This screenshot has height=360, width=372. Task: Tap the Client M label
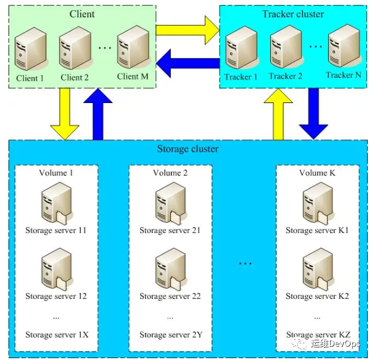(x=132, y=76)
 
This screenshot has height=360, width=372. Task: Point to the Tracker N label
(x=343, y=75)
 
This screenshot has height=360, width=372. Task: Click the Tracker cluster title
(x=293, y=14)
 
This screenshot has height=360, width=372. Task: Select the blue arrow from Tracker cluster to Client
(x=187, y=63)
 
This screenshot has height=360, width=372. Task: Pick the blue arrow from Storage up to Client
(x=98, y=114)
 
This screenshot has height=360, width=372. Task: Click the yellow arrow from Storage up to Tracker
(x=277, y=114)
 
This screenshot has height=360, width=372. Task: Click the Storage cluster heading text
(x=187, y=149)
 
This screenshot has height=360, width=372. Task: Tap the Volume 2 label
(x=170, y=173)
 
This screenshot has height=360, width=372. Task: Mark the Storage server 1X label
(x=56, y=334)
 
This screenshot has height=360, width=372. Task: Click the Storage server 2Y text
(x=170, y=334)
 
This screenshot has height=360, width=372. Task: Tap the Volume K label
(x=317, y=173)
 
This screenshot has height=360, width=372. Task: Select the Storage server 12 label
(x=56, y=296)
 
